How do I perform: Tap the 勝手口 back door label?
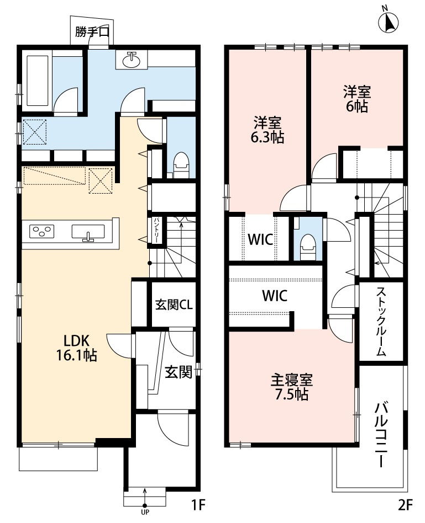tap(91, 33)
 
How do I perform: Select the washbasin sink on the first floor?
tap(132, 60)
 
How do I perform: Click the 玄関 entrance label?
tap(178, 373)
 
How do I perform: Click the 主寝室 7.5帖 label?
tap(292, 387)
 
